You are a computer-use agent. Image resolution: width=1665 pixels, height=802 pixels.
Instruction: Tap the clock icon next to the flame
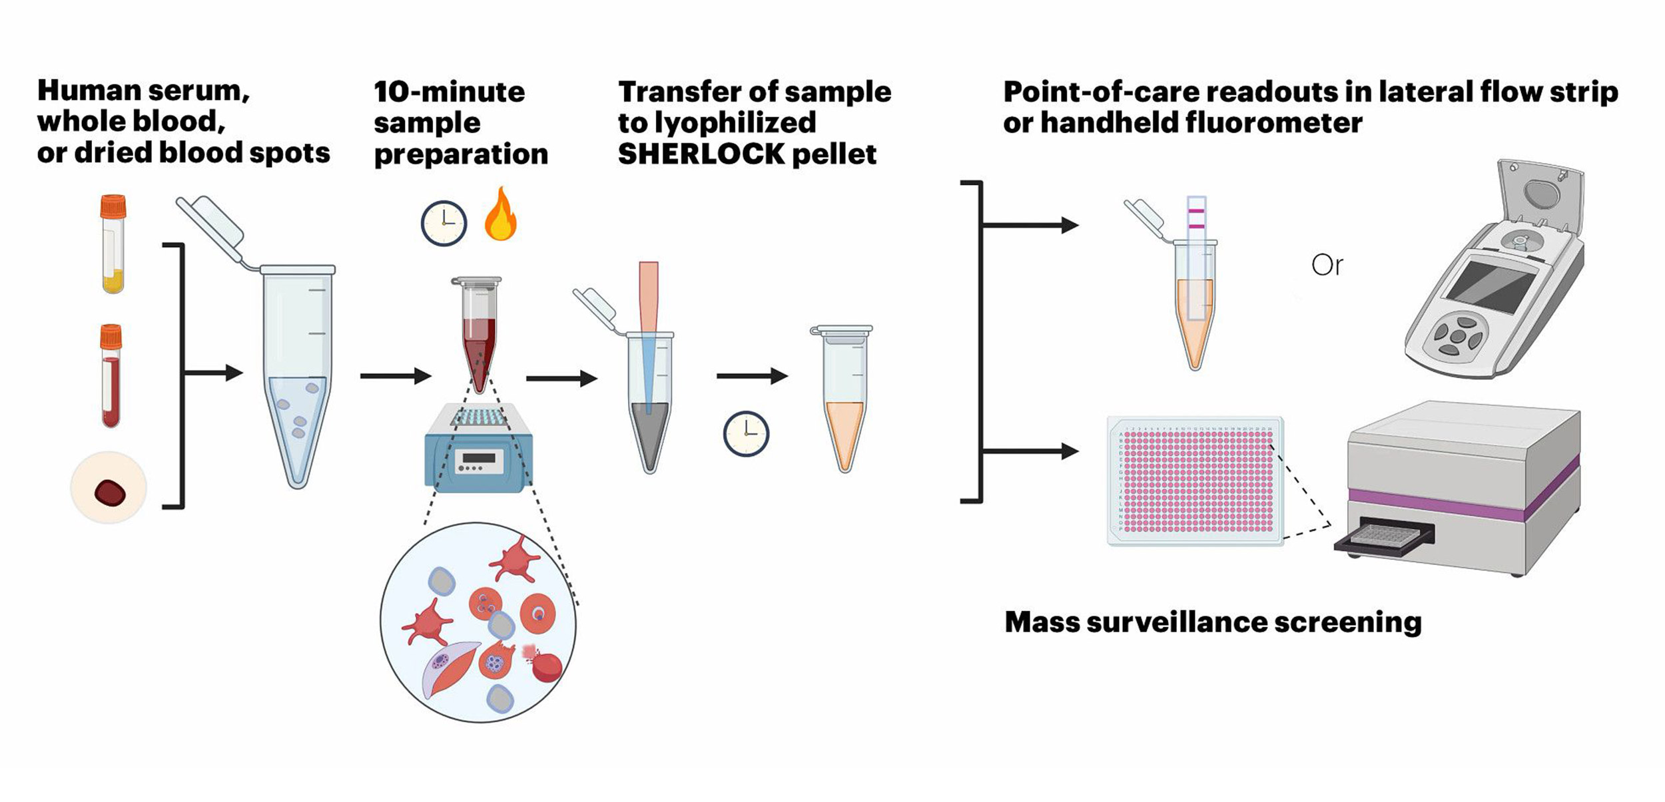444,224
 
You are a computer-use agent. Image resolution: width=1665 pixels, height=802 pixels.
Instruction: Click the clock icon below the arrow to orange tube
746,434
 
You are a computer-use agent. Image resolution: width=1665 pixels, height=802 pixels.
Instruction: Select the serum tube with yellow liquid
113,245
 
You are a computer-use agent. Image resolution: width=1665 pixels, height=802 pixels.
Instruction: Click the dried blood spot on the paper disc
110,493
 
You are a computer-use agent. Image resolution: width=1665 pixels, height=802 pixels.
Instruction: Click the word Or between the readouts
1327,266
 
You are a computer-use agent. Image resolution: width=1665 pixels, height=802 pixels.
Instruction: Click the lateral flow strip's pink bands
1196,219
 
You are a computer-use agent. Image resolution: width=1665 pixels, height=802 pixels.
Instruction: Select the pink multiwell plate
1195,481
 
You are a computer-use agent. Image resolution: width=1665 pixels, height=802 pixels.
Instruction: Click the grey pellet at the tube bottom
649,433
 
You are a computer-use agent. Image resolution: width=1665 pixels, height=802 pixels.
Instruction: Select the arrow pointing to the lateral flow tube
1032,226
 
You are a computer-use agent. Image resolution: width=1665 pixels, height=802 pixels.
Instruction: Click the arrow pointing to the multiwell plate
1032,451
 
